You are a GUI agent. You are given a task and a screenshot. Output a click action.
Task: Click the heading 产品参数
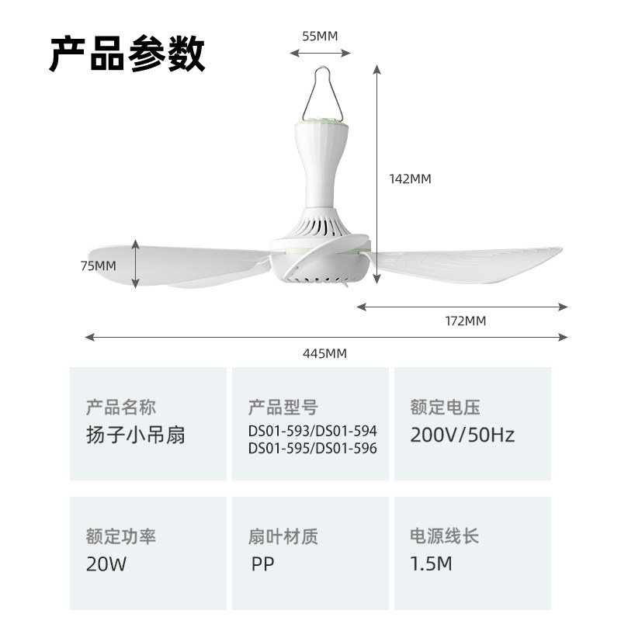click(x=127, y=54)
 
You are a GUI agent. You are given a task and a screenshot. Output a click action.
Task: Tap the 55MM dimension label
click(x=320, y=36)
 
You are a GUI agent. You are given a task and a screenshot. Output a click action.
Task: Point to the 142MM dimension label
click(x=410, y=179)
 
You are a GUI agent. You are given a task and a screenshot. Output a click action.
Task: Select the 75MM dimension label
click(x=98, y=265)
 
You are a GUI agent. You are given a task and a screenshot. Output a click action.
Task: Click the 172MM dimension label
click(x=465, y=321)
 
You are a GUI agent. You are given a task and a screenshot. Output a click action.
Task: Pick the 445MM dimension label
click(x=324, y=354)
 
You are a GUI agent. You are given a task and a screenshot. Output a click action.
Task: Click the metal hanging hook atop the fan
click(x=320, y=92)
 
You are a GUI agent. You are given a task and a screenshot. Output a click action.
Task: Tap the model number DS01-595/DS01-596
click(x=313, y=448)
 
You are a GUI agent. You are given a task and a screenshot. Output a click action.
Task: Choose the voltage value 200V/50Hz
click(x=463, y=434)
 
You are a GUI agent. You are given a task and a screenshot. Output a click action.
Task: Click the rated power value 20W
click(x=106, y=564)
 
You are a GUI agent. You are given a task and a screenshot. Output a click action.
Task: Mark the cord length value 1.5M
click(x=431, y=564)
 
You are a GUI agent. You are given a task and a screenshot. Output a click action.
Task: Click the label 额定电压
click(x=446, y=407)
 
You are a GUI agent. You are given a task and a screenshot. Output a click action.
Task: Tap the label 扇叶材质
click(x=283, y=536)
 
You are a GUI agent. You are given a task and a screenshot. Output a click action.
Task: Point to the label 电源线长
click(x=445, y=536)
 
